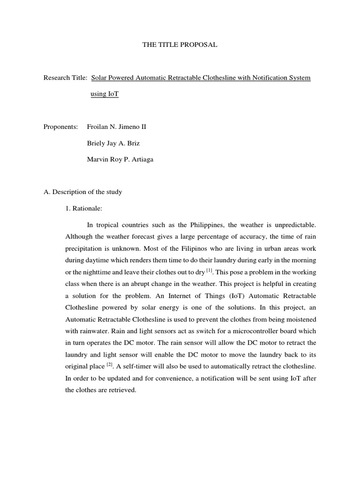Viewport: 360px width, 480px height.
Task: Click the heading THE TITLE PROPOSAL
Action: (180, 45)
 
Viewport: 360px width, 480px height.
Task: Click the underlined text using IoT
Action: (105, 94)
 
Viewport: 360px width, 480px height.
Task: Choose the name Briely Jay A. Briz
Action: (114, 143)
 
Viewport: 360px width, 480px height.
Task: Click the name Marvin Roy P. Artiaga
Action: (120, 159)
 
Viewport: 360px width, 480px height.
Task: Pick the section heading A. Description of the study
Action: (82, 192)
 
